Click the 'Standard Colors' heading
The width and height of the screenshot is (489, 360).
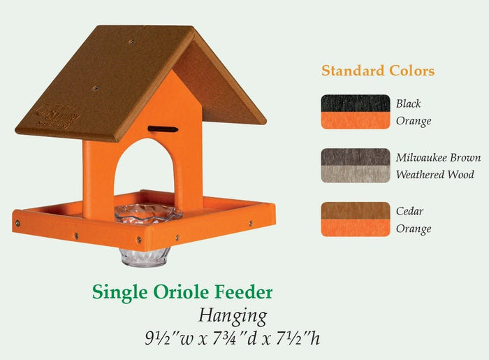click(378, 71)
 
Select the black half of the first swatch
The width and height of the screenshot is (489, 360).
click(356, 103)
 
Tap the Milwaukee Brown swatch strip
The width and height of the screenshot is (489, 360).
click(356, 157)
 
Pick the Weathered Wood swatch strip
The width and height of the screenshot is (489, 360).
click(356, 174)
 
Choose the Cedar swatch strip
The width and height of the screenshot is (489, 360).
click(356, 210)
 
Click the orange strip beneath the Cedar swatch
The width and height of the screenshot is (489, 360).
click(356, 228)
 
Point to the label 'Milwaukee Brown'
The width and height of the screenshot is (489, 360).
click(438, 157)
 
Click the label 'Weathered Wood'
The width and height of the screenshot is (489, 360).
click(435, 174)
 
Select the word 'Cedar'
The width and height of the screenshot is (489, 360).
click(409, 211)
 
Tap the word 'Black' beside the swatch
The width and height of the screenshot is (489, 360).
click(409, 103)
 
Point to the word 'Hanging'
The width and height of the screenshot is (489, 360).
click(233, 316)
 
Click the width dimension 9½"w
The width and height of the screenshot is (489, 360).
click(169, 338)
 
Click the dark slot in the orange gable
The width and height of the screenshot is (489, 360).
click(163, 129)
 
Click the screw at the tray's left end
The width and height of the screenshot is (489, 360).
click(17, 223)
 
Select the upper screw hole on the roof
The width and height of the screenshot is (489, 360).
click(131, 41)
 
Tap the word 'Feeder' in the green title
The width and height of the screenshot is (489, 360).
click(244, 292)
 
